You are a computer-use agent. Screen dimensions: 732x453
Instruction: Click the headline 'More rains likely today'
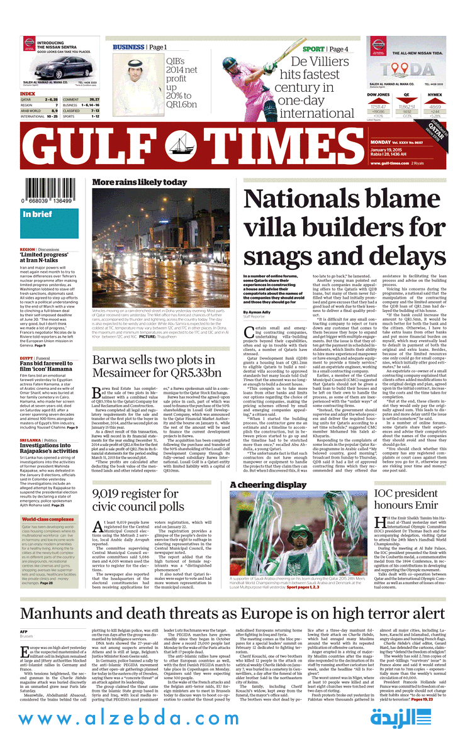(x=139, y=182)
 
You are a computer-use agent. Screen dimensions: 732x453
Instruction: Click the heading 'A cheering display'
(x=268, y=485)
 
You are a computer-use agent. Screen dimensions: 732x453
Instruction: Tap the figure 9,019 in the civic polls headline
(x=112, y=493)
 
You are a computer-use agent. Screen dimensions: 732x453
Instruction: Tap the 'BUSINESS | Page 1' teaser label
(x=140, y=47)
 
